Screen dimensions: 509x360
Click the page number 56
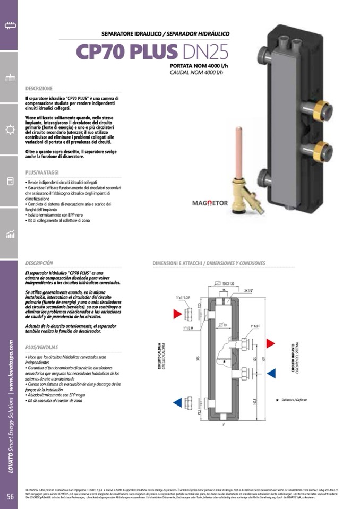(10, 496)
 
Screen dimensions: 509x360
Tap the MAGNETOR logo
(210, 203)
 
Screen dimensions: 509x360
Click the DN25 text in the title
(204, 52)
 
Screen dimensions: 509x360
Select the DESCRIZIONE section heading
(39, 88)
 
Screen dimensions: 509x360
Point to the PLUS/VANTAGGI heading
(42, 172)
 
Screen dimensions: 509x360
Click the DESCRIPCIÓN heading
(39, 263)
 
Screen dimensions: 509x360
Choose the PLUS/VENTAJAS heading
(42, 347)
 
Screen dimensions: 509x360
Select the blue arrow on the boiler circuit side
(177, 402)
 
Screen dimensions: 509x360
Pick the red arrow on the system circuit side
(270, 342)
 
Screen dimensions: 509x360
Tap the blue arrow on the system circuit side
(270, 373)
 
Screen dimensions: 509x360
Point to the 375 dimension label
(197, 358)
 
